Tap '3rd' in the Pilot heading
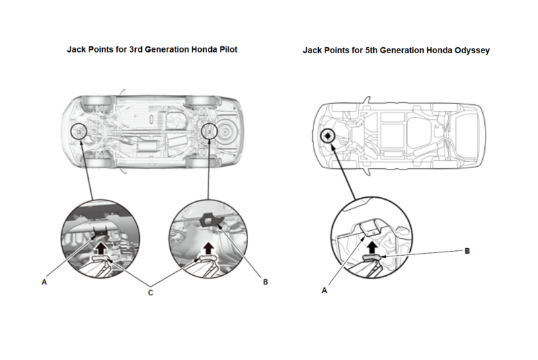click(x=139, y=50)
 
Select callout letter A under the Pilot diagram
click(x=44, y=283)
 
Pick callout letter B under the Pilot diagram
click(x=265, y=283)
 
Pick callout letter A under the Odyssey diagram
click(x=325, y=291)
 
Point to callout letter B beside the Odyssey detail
click(x=467, y=250)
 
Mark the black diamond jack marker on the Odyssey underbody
click(x=327, y=136)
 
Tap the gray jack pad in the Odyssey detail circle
click(x=373, y=256)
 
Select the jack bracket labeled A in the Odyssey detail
click(x=370, y=229)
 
